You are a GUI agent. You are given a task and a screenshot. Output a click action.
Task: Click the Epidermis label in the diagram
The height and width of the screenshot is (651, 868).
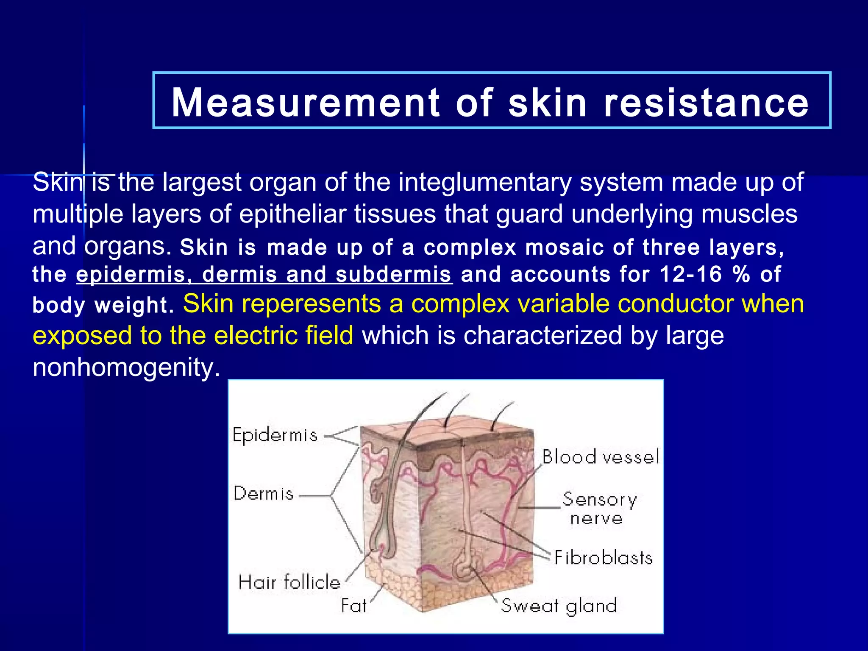point(275,435)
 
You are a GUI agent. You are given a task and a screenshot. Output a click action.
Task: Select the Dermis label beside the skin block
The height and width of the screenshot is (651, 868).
point(263,494)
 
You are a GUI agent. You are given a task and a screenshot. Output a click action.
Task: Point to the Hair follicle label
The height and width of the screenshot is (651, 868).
point(289,582)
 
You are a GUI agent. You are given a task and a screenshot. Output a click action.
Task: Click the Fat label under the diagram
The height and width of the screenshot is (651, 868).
point(353,606)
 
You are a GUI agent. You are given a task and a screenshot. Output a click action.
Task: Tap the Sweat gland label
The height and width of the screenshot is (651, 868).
point(559,606)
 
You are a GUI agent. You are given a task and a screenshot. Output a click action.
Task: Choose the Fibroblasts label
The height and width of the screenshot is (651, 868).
point(603,558)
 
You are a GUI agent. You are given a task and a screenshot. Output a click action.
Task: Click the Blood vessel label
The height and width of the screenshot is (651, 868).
point(601,457)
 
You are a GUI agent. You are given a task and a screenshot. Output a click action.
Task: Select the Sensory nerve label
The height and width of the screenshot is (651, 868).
point(598,509)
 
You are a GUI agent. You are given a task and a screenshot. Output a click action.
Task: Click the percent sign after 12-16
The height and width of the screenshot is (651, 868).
point(741,275)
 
